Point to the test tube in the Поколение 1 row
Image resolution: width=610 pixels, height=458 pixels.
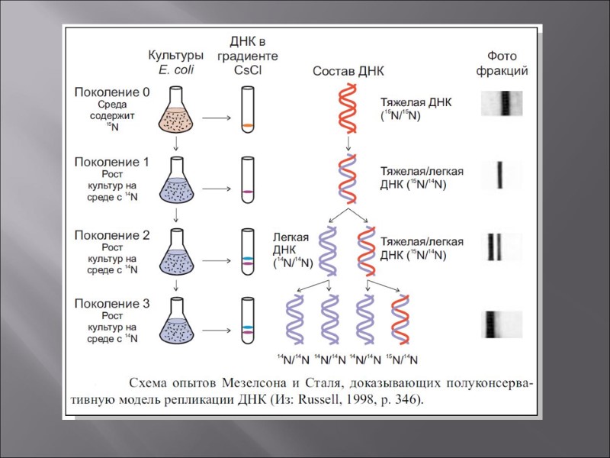(x=246, y=179)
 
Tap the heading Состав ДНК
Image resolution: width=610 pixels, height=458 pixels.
(x=348, y=71)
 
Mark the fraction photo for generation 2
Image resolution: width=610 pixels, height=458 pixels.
(x=502, y=246)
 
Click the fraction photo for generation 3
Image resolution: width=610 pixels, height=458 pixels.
(x=502, y=324)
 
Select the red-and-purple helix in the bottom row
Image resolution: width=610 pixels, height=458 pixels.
(x=402, y=323)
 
